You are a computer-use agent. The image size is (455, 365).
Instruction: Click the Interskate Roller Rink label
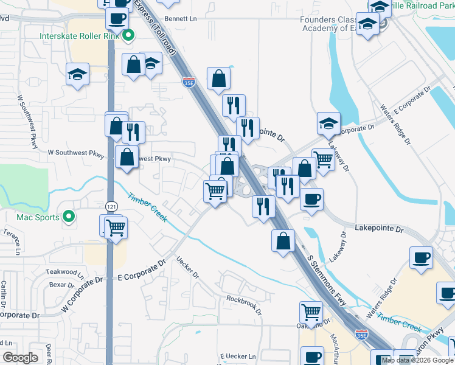(x=79, y=36)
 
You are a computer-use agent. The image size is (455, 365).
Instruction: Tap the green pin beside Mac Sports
(x=69, y=217)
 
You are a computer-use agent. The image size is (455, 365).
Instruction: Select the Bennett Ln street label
(x=184, y=19)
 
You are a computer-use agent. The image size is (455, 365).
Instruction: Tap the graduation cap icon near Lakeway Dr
(x=328, y=123)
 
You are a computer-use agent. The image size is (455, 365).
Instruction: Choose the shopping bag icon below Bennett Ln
(x=218, y=78)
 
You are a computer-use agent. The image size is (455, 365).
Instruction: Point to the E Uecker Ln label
(x=238, y=356)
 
